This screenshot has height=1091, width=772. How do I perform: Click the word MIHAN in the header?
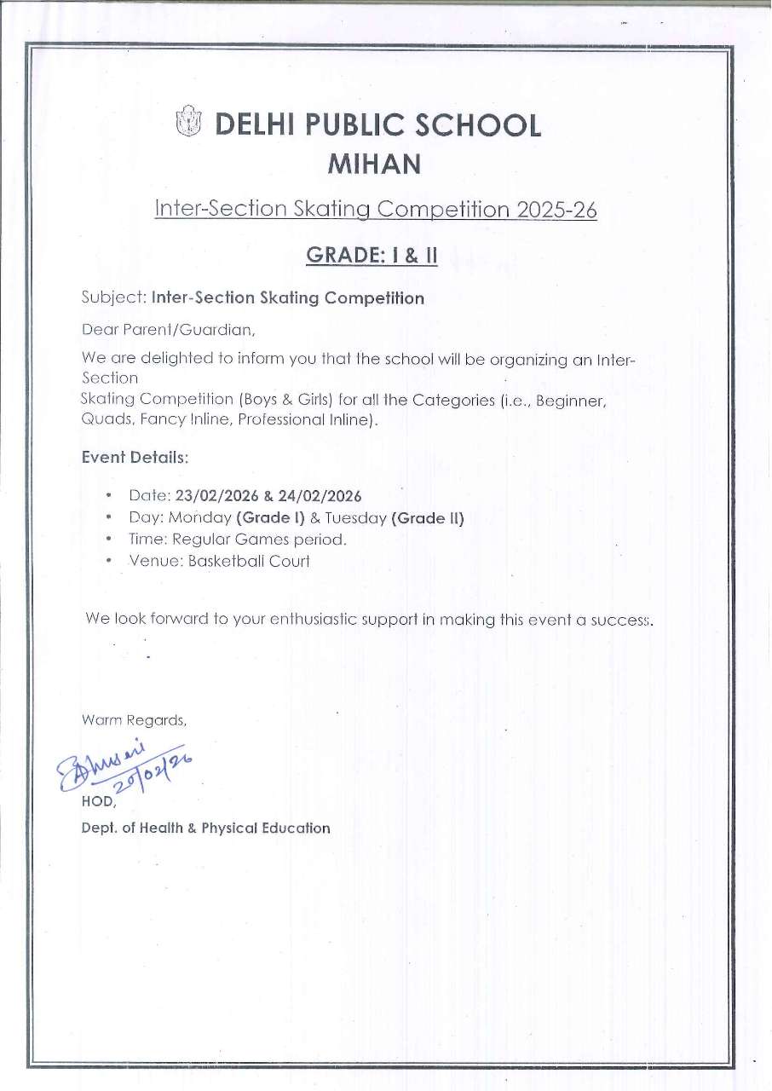[x=375, y=165]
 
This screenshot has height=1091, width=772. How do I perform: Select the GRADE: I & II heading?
[x=372, y=254]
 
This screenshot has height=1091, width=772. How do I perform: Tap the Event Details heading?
[x=134, y=457]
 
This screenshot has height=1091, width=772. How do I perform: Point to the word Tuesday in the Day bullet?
[x=356, y=517]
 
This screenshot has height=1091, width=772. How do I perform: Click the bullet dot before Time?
[x=110, y=540]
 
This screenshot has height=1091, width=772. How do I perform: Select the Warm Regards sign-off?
[x=133, y=720]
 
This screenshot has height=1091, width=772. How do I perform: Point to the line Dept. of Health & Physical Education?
[x=205, y=828]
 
